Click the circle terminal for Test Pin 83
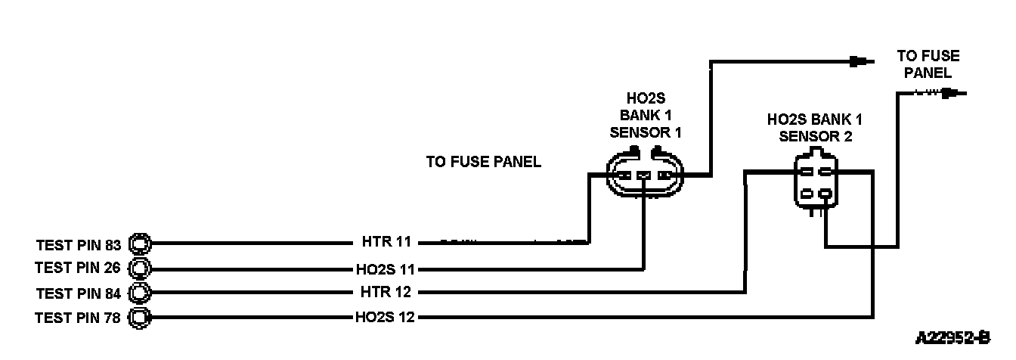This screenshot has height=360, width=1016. (x=141, y=244)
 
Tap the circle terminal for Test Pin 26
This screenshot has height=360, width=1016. (x=141, y=268)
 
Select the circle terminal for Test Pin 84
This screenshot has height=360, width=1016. (x=141, y=293)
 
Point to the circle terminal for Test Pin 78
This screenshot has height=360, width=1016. (x=141, y=318)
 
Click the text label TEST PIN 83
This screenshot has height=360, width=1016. (x=78, y=245)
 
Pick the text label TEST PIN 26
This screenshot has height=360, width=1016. (x=78, y=268)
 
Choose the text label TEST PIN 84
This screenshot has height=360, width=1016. (x=78, y=293)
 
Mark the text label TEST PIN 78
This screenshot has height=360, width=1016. (x=78, y=318)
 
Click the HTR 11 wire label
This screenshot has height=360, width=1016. (x=386, y=243)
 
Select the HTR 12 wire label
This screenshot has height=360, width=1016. (x=386, y=293)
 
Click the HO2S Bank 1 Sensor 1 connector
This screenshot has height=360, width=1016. (x=644, y=175)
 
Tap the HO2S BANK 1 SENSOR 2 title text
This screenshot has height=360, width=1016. (x=815, y=128)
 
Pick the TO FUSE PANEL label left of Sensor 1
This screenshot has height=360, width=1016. (x=484, y=162)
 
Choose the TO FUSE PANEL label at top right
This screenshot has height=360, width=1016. (x=928, y=64)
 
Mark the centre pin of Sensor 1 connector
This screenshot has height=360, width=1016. (x=643, y=176)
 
